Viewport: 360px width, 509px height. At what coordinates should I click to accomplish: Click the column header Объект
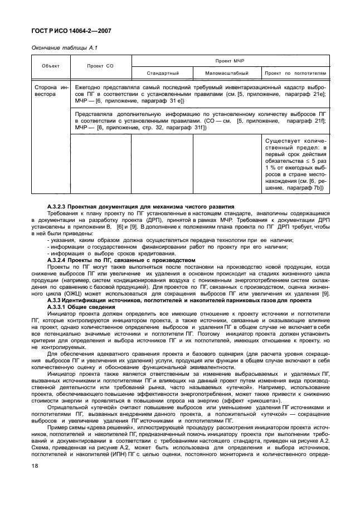[50, 66]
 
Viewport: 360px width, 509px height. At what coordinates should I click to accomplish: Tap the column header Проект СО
[100, 66]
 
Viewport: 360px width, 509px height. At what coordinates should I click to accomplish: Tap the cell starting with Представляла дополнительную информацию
[201, 120]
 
